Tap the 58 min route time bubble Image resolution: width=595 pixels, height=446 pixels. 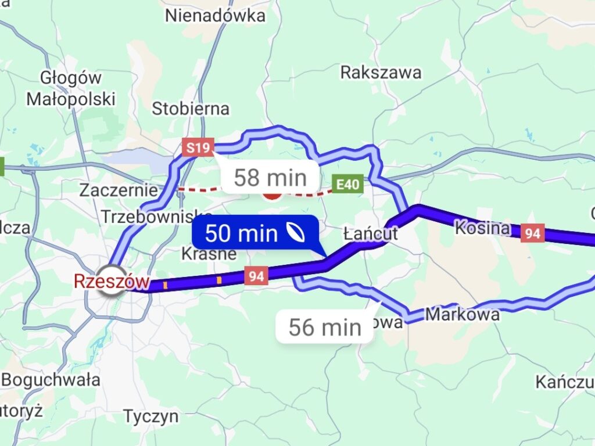tap(270, 178)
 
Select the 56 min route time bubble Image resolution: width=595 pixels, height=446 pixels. tap(325, 328)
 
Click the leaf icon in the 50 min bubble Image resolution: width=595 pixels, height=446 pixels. tap(298, 233)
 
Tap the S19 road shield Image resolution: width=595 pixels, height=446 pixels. tap(198, 148)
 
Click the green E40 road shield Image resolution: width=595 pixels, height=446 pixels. tap(347, 185)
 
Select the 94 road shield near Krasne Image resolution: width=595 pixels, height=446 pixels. tap(256, 275)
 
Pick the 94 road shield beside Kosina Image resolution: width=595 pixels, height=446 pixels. tap(532, 233)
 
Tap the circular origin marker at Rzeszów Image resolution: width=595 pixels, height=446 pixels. tap(110, 280)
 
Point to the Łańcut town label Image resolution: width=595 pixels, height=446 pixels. tap(370, 234)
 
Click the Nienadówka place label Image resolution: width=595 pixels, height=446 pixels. tap(215, 16)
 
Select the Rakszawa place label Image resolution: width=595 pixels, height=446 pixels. tap(381, 73)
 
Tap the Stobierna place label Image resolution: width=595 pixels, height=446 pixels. tap(191, 109)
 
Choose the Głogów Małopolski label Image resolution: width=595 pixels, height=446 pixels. tap(71, 88)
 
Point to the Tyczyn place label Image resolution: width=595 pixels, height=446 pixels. tap(150, 416)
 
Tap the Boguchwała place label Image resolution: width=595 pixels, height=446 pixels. tap(51, 380)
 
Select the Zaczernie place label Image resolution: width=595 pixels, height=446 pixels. tap(119, 190)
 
